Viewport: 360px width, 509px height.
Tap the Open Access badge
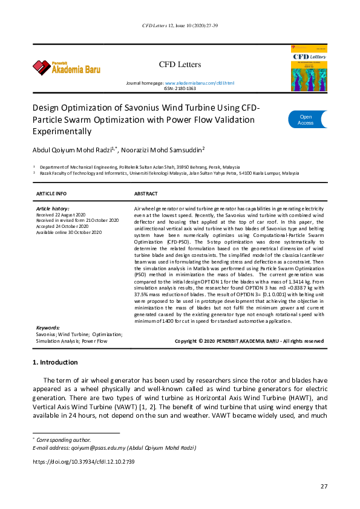(x=306, y=120)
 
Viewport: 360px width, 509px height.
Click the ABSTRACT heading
(x=146, y=193)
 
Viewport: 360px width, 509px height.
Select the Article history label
(x=53, y=208)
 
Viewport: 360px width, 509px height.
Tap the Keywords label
(x=48, y=328)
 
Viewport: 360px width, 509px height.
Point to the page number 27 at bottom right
(x=324, y=487)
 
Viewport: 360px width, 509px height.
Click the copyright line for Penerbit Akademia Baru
(x=249, y=341)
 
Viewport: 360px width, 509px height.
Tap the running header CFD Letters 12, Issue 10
(x=180, y=26)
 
